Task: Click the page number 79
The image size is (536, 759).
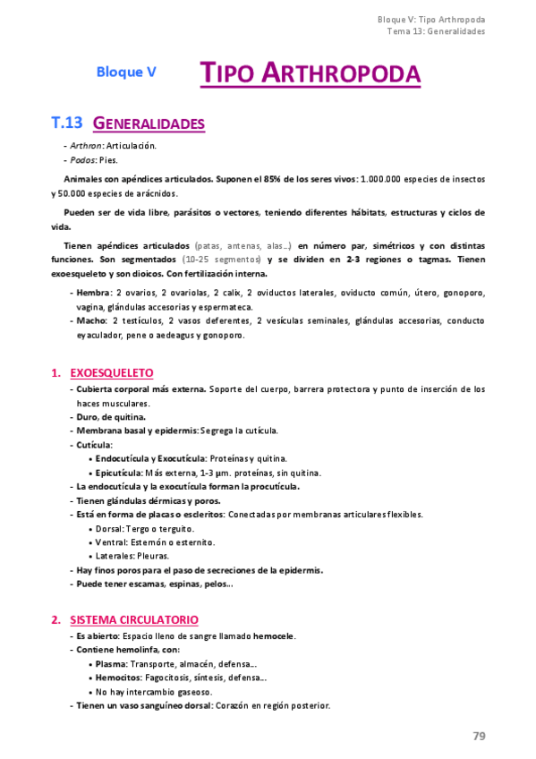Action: point(479,736)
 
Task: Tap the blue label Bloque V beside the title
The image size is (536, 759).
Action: point(126,72)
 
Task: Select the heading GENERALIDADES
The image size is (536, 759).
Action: point(149,123)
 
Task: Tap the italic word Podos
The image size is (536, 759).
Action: point(82,160)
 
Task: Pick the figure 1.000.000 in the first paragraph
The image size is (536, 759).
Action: point(386,179)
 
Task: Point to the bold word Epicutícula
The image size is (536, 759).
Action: point(119,472)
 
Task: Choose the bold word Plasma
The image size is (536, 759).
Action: point(110,664)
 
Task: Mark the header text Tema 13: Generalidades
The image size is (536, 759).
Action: point(436,30)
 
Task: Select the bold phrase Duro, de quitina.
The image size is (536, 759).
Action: point(111,416)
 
